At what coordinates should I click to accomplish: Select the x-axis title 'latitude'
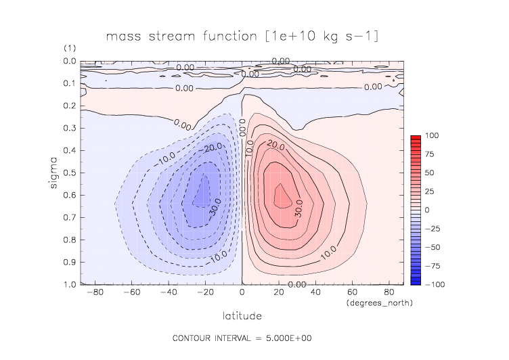point(242,315)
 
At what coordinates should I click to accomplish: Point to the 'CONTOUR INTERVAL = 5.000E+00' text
point(242,337)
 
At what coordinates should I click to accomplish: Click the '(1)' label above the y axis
point(70,49)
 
